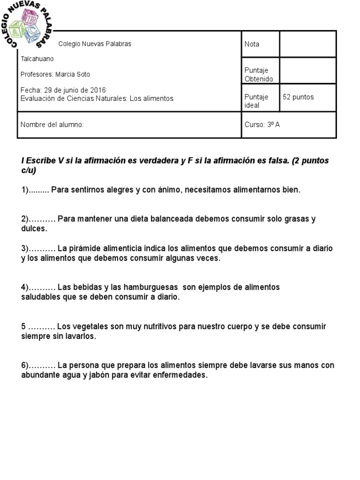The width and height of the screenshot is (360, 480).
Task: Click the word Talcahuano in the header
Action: (37, 59)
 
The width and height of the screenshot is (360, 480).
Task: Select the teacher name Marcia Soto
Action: (73, 75)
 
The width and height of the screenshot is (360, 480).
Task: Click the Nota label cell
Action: (252, 44)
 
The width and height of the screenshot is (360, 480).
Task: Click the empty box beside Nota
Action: (307, 44)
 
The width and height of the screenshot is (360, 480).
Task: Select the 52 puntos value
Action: (298, 97)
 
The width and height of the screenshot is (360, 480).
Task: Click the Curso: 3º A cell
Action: (262, 125)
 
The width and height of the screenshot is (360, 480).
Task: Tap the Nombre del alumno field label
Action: (52, 125)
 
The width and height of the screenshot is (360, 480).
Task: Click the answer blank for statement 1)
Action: (39, 190)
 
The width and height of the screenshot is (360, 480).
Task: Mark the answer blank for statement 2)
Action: (42, 219)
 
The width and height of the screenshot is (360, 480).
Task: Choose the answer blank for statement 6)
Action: (42, 365)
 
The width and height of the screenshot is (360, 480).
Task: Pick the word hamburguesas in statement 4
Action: (155, 287)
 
